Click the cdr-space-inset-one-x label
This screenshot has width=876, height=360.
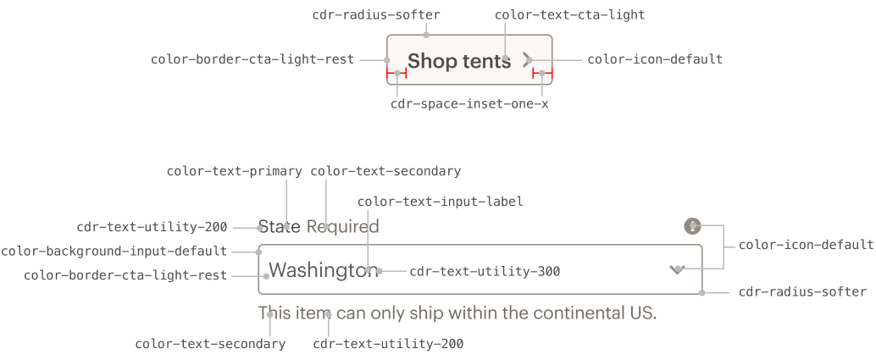[x=469, y=104]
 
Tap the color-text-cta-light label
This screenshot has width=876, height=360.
[x=570, y=15]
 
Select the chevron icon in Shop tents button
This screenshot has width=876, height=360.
[x=527, y=60]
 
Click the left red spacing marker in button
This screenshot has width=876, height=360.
[x=396, y=73]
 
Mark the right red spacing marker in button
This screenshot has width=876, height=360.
[x=542, y=73]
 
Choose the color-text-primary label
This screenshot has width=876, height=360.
[x=235, y=171]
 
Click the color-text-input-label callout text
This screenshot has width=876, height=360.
[x=441, y=202]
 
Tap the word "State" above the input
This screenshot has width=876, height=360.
[x=280, y=226]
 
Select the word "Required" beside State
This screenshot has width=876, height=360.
[x=343, y=227]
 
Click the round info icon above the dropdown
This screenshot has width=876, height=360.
[x=692, y=226]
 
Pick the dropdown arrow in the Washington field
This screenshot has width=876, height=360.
[x=677, y=270]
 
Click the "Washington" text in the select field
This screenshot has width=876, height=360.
[x=324, y=270]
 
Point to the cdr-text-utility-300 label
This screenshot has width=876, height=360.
[x=485, y=272]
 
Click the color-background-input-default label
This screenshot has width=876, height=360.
[x=114, y=252]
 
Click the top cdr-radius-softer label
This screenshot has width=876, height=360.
[x=376, y=15]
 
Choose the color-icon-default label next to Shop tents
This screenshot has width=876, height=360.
[x=655, y=59]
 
